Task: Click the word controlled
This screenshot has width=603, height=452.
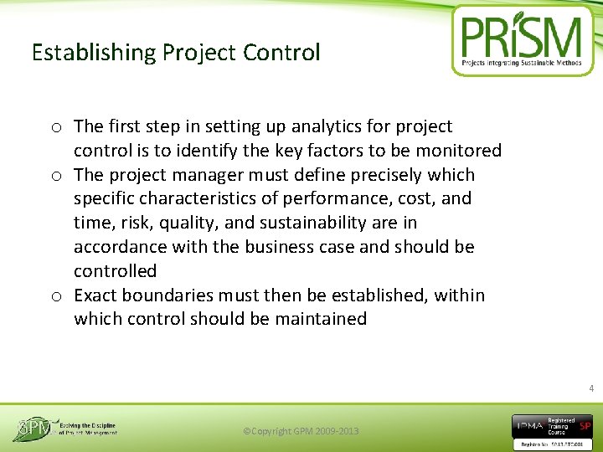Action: (115, 271)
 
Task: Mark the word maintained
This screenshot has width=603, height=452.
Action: (322, 319)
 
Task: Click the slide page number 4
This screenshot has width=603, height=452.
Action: (590, 388)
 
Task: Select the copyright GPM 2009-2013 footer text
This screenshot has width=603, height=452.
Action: (300, 431)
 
